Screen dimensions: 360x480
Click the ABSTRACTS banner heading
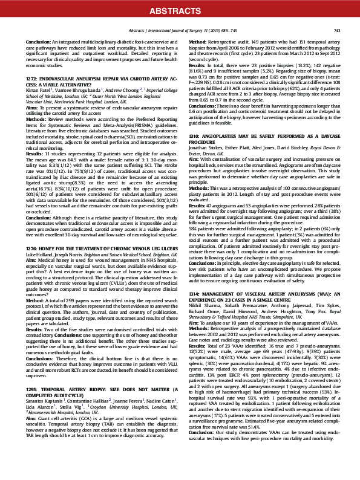pos(180,10)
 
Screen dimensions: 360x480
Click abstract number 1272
pos(33,78)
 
